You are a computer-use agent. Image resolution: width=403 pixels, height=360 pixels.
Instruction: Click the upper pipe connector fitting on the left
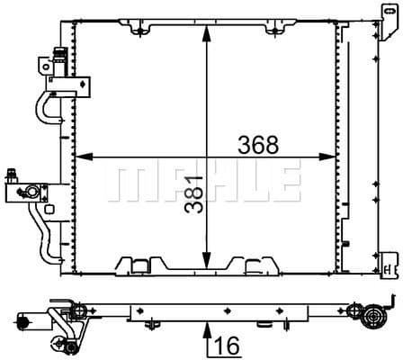click(x=50, y=67)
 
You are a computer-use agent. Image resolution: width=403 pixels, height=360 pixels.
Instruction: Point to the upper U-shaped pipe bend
click(x=40, y=103)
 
